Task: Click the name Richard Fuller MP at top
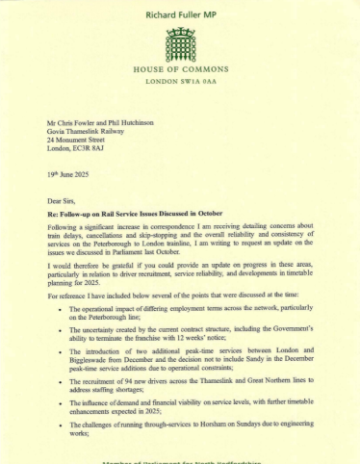pyautogui.click(x=180, y=15)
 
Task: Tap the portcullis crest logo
pyautogui.click(x=180, y=42)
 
